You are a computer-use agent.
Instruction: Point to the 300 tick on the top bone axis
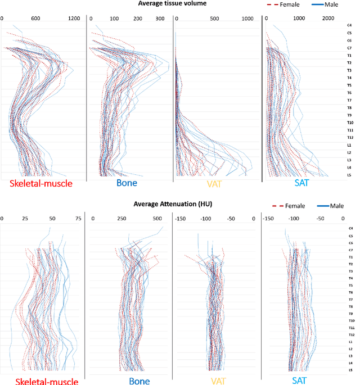click(160, 18)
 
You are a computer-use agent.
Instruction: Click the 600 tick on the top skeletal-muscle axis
click(35, 18)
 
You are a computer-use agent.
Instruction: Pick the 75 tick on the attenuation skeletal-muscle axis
click(78, 218)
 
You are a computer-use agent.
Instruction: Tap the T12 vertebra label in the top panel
click(350, 137)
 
